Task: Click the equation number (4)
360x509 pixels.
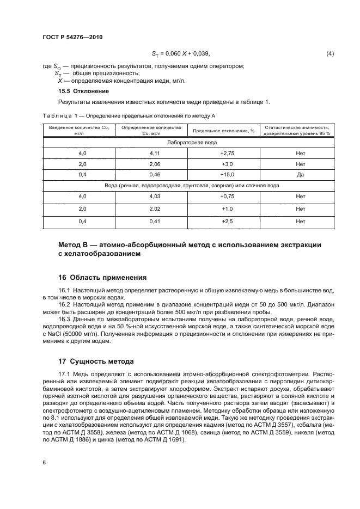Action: [330, 53]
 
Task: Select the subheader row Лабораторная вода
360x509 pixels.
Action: [189, 142]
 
